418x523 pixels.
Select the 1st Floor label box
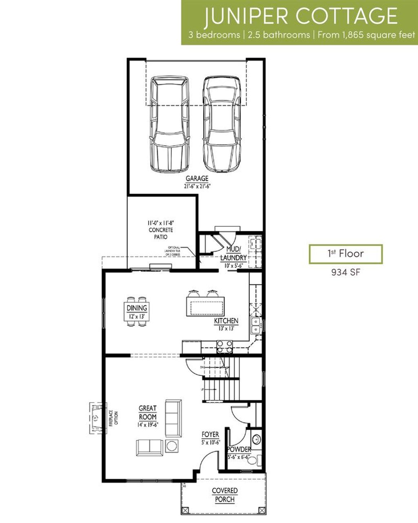345,254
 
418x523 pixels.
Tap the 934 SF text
345,272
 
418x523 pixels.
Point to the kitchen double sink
256,325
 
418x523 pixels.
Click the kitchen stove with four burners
224,346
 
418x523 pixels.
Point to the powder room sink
256,440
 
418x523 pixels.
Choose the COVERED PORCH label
225,495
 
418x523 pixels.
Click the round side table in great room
171,446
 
